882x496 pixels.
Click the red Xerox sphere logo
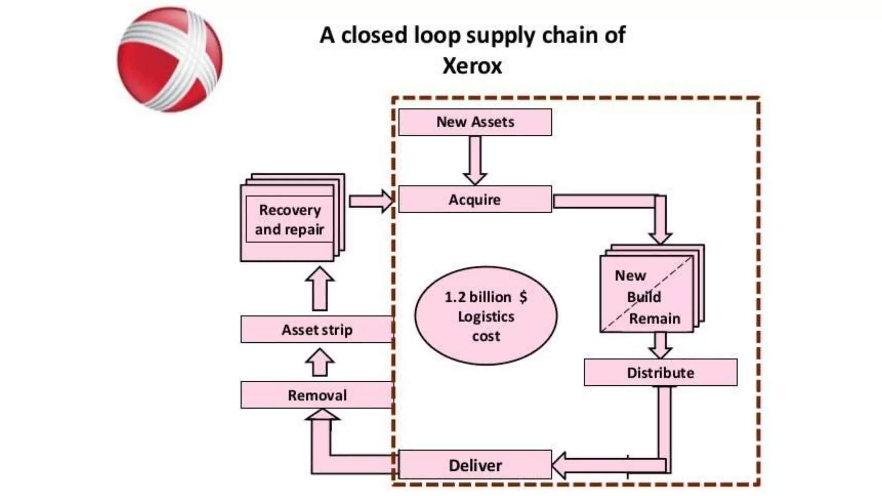coord(170,59)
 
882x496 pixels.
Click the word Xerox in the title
coord(472,66)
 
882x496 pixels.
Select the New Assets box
coord(475,122)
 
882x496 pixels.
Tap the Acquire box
coord(475,199)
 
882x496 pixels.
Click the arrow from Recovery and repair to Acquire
coord(370,201)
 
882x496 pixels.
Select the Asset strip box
coord(317,330)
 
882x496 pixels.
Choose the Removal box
coord(317,395)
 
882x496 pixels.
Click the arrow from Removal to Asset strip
coord(320,363)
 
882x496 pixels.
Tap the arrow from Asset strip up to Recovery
coord(320,289)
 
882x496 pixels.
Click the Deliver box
coord(475,465)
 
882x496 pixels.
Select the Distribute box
coord(661,372)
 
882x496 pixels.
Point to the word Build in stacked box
coord(643,297)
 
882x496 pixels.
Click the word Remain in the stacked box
coord(655,319)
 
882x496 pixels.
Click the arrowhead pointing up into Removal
coord(322,415)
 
